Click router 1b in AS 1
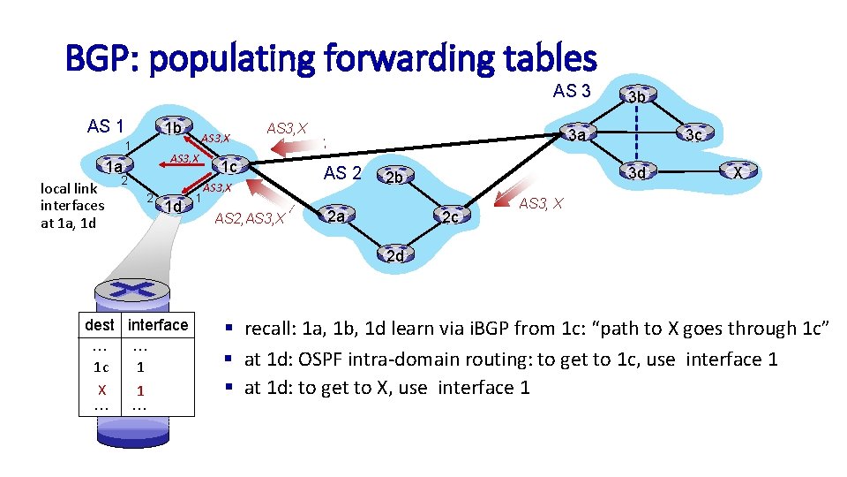[x=172, y=129]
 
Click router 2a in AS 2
[x=335, y=216]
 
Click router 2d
[x=394, y=256]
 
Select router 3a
[x=576, y=135]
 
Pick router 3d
[x=636, y=173]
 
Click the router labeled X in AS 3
[x=739, y=173]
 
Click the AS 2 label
[x=342, y=173]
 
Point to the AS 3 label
[x=572, y=91]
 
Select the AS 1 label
[x=106, y=126]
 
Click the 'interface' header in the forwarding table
[x=158, y=325]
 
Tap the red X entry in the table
[x=102, y=390]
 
